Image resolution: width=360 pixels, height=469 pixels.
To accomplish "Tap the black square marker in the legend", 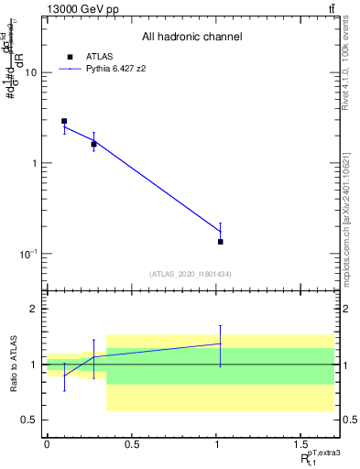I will click(70, 56).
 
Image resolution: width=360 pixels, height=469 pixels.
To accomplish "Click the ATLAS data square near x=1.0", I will click(221, 241).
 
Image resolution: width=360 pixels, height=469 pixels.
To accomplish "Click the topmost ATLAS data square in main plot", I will click(64, 121).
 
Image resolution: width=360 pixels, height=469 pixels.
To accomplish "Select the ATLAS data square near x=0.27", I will click(93, 144).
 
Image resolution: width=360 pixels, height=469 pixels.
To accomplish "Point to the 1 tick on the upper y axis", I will click(35, 163).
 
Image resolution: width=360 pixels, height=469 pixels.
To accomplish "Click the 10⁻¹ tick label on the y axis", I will click(28, 253).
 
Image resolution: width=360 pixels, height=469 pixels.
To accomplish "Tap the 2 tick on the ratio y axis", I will click(35, 309).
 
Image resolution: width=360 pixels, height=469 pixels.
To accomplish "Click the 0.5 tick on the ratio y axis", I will click(30, 420).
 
